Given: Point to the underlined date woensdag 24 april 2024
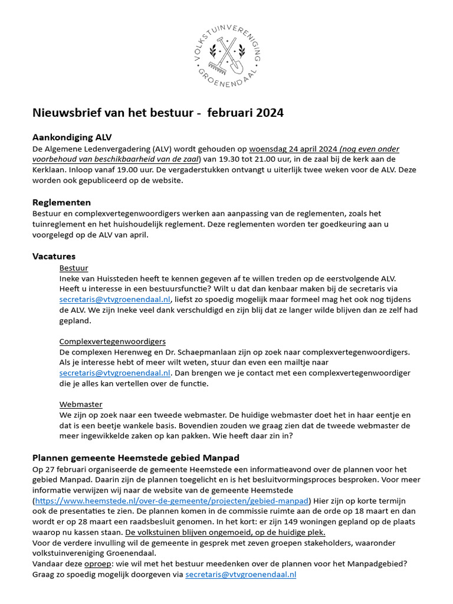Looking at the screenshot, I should [293, 149].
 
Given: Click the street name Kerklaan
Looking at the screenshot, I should [50, 170].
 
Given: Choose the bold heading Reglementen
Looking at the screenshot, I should [61, 202].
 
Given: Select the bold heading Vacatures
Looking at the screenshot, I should [54, 257].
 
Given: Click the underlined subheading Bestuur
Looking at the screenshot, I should [74, 268].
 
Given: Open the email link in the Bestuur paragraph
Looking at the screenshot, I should [115, 300].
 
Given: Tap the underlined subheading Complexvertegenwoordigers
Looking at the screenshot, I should [112, 342].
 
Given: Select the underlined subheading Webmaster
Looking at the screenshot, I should [81, 405].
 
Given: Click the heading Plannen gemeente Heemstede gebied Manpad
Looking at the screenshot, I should [136, 458].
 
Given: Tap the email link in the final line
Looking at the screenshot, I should [241, 574].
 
